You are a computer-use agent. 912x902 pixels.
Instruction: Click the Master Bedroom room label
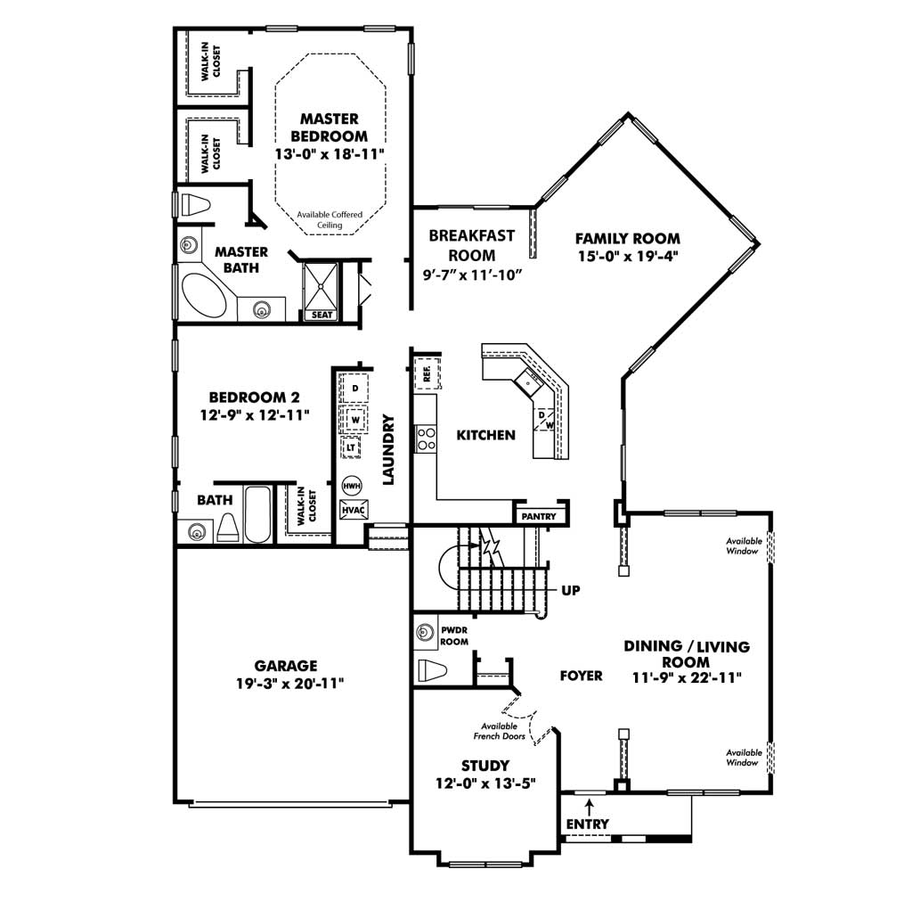pos(330,127)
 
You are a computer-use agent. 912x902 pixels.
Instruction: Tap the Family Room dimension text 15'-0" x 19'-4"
pos(629,256)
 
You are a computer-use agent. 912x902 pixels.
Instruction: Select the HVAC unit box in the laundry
pos(353,510)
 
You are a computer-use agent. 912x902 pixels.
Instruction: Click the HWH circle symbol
pos(351,486)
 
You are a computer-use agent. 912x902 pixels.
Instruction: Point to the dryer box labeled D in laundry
pos(354,388)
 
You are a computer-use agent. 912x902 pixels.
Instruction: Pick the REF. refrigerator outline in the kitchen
pos(427,373)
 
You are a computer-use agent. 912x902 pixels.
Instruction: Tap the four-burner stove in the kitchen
pos(426,439)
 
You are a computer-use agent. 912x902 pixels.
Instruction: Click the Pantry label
pos(539,516)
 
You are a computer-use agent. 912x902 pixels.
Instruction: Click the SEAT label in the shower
pos(322,315)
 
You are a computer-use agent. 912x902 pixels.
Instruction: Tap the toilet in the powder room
pos(432,670)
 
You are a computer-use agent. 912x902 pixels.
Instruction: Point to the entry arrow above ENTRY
pos(590,807)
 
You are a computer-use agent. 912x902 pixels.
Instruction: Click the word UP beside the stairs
pos(571,590)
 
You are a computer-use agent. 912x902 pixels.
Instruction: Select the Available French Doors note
pos(499,731)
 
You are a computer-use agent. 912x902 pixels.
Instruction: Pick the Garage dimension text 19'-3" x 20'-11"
pos(289,684)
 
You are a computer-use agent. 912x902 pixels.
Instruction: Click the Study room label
pos(485,766)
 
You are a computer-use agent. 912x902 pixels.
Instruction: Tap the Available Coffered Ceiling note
pos(330,219)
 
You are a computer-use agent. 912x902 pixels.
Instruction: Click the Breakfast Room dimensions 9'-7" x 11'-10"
pos(472,275)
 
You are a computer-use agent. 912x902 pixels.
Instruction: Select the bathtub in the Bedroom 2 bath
pos(257,513)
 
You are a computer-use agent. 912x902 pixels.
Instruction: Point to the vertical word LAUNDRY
pos(388,449)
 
